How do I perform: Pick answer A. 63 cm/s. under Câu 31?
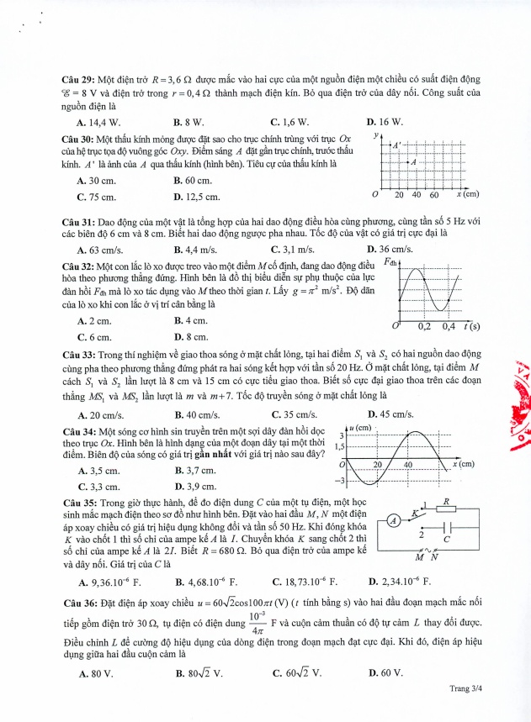pos(98,250)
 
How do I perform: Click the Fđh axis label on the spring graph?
pos(391,261)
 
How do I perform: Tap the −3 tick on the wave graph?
pos(342,481)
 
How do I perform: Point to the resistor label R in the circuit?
pos(448,500)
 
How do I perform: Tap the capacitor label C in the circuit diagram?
pos(446,538)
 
